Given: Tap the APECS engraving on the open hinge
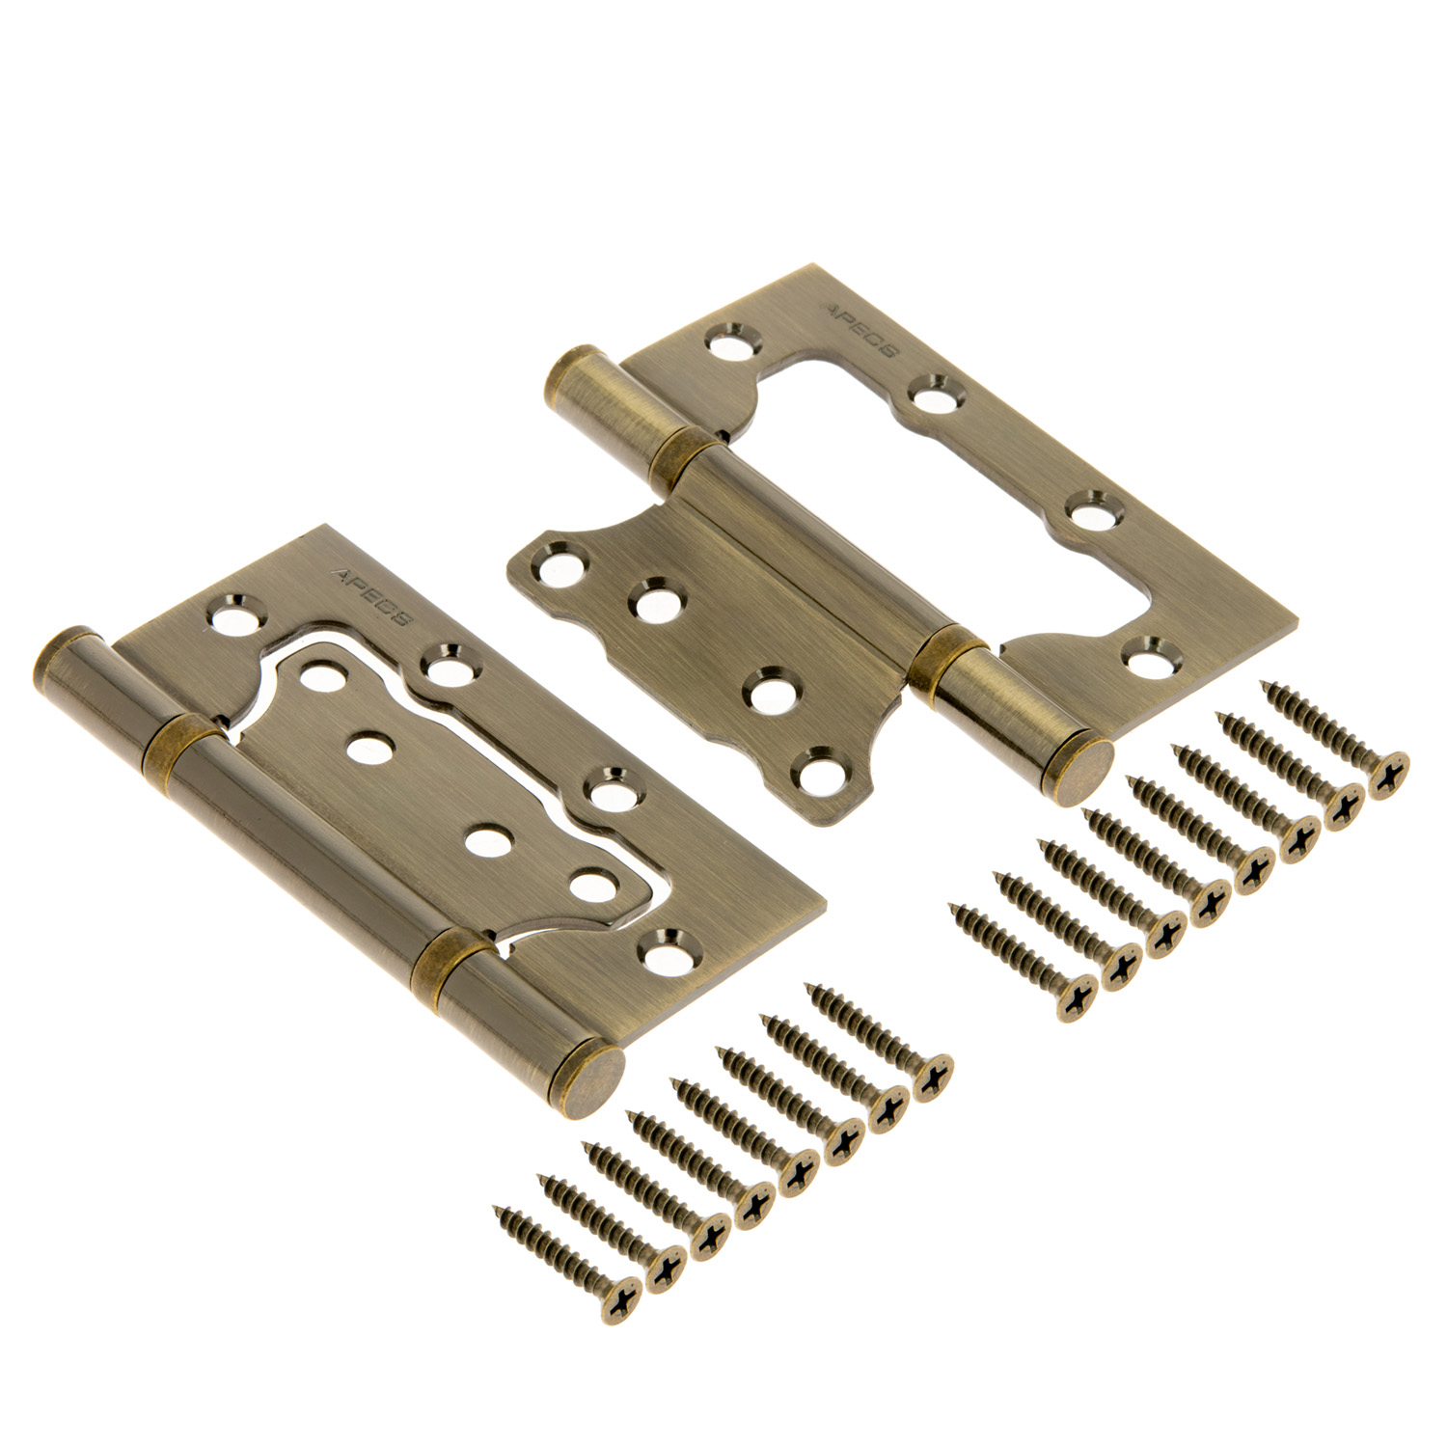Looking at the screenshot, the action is [x=859, y=334].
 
